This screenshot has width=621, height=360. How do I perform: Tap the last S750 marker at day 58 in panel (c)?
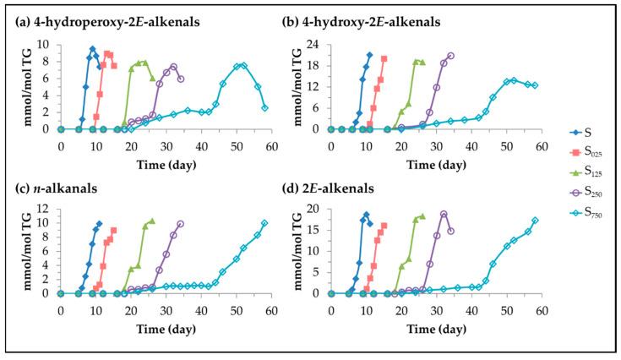pos(264,223)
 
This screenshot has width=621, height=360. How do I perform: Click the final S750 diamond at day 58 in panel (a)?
pos(264,107)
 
